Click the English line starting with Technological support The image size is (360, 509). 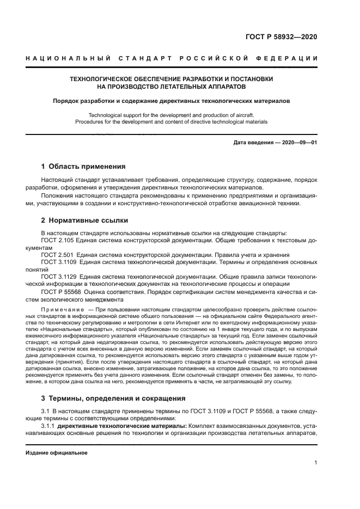tap(171, 115)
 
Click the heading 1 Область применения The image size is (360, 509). tap(84, 167)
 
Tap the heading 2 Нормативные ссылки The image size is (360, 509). tap(85, 220)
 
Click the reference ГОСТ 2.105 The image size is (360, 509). tap(57, 240)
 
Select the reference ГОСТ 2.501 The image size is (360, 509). tap(57, 255)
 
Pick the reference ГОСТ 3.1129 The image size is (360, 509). tap(59, 277)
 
